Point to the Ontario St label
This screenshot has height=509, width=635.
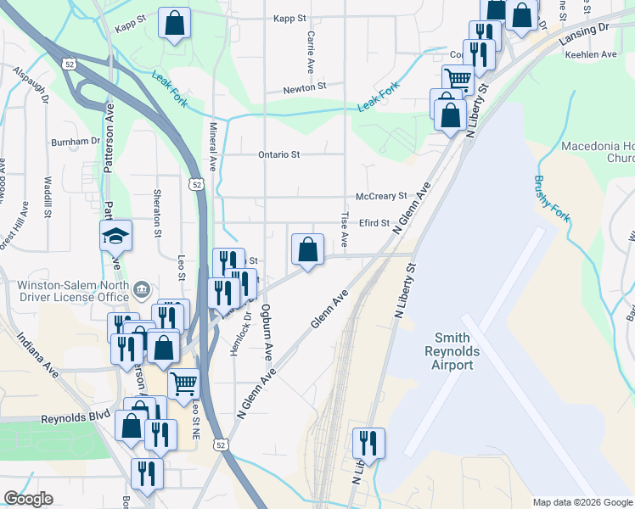(279, 154)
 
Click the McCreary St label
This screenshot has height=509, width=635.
(381, 196)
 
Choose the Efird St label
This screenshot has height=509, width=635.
(373, 224)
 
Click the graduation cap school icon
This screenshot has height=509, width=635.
(115, 235)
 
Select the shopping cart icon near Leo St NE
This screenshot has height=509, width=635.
(183, 384)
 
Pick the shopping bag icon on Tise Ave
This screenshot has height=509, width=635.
(308, 249)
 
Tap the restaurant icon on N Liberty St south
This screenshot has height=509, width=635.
(368, 443)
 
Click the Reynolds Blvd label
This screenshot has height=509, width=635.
(76, 419)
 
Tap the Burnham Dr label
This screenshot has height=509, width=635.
(76, 141)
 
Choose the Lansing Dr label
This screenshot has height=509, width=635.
(585, 32)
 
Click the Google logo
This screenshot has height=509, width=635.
(28, 499)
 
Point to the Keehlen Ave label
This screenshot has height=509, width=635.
(592, 54)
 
